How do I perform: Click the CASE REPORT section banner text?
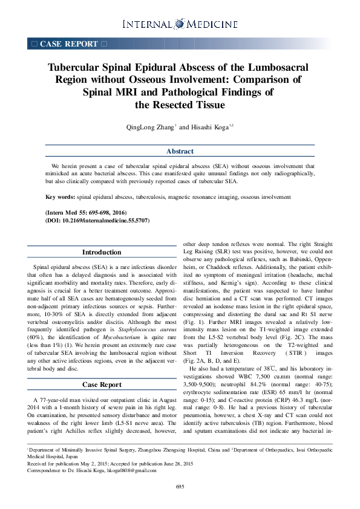(68, 44)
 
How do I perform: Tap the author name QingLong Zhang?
(149, 128)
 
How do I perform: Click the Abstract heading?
(180, 151)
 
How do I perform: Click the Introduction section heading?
(102, 252)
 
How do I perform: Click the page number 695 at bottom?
(180, 503)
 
